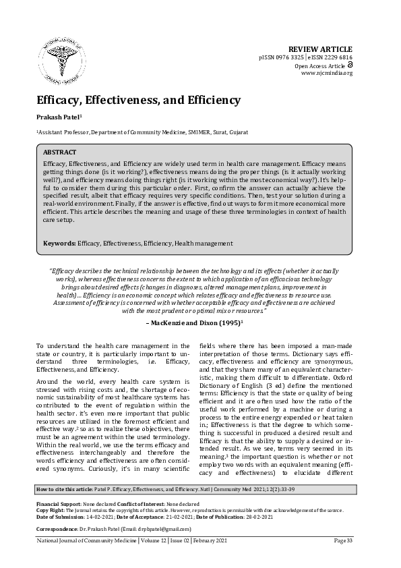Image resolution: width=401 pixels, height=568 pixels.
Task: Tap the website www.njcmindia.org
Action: click(327, 74)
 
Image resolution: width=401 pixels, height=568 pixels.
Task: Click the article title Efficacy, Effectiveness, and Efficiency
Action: click(138, 100)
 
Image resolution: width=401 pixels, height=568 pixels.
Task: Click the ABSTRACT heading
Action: click(60, 152)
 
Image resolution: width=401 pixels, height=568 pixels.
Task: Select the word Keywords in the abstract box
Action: click(59, 243)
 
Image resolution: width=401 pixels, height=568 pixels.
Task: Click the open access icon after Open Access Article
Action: click(350, 65)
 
